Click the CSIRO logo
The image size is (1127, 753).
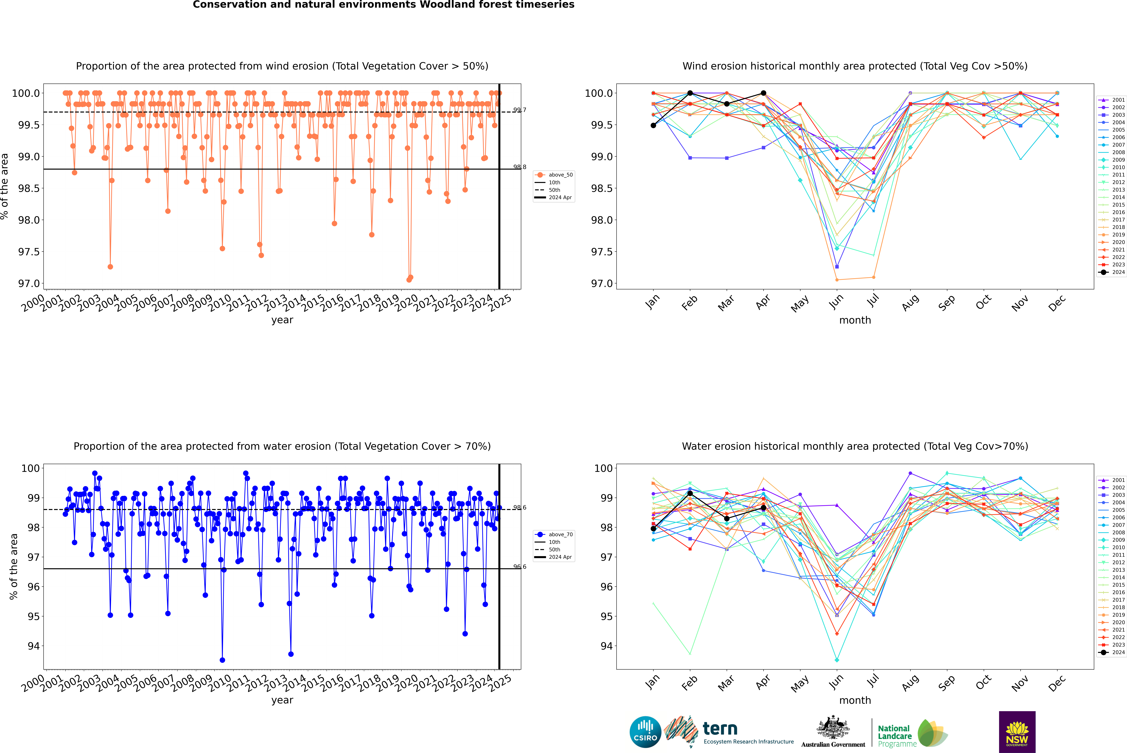645,732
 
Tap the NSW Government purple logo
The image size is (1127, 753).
1017,732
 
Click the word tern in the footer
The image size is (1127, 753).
720,729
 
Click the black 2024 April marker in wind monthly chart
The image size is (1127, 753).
763,93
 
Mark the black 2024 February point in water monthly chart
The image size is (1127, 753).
690,493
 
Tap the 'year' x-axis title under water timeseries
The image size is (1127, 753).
282,700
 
